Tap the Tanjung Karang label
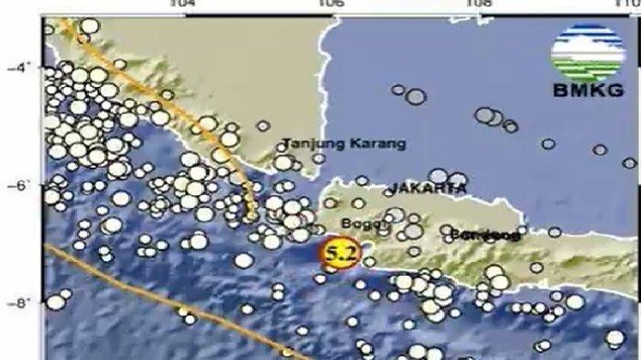coord(344,144)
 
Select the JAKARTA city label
coord(428,188)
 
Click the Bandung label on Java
coord(491,235)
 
